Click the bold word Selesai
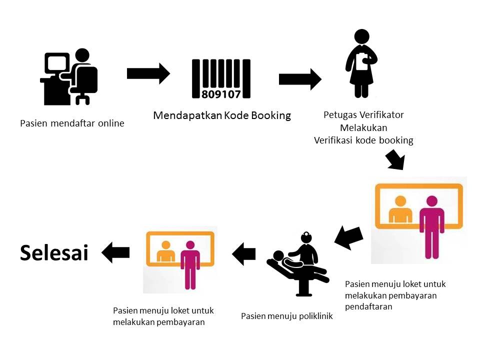click(54, 253)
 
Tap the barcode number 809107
click(221, 93)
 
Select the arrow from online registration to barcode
click(148, 73)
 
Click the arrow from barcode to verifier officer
click(299, 79)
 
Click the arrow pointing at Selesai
click(115, 252)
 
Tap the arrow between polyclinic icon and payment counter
click(244, 254)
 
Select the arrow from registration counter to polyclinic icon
click(348, 237)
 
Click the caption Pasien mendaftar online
click(72, 123)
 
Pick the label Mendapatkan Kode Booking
click(222, 115)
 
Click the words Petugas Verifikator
click(363, 115)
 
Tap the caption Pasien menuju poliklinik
click(286, 316)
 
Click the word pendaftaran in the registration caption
click(368, 306)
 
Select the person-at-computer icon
click(69, 77)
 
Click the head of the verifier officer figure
click(361, 36)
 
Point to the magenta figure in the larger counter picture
click(431, 220)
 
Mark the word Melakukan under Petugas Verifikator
click(363, 127)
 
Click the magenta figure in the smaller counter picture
click(190, 262)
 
